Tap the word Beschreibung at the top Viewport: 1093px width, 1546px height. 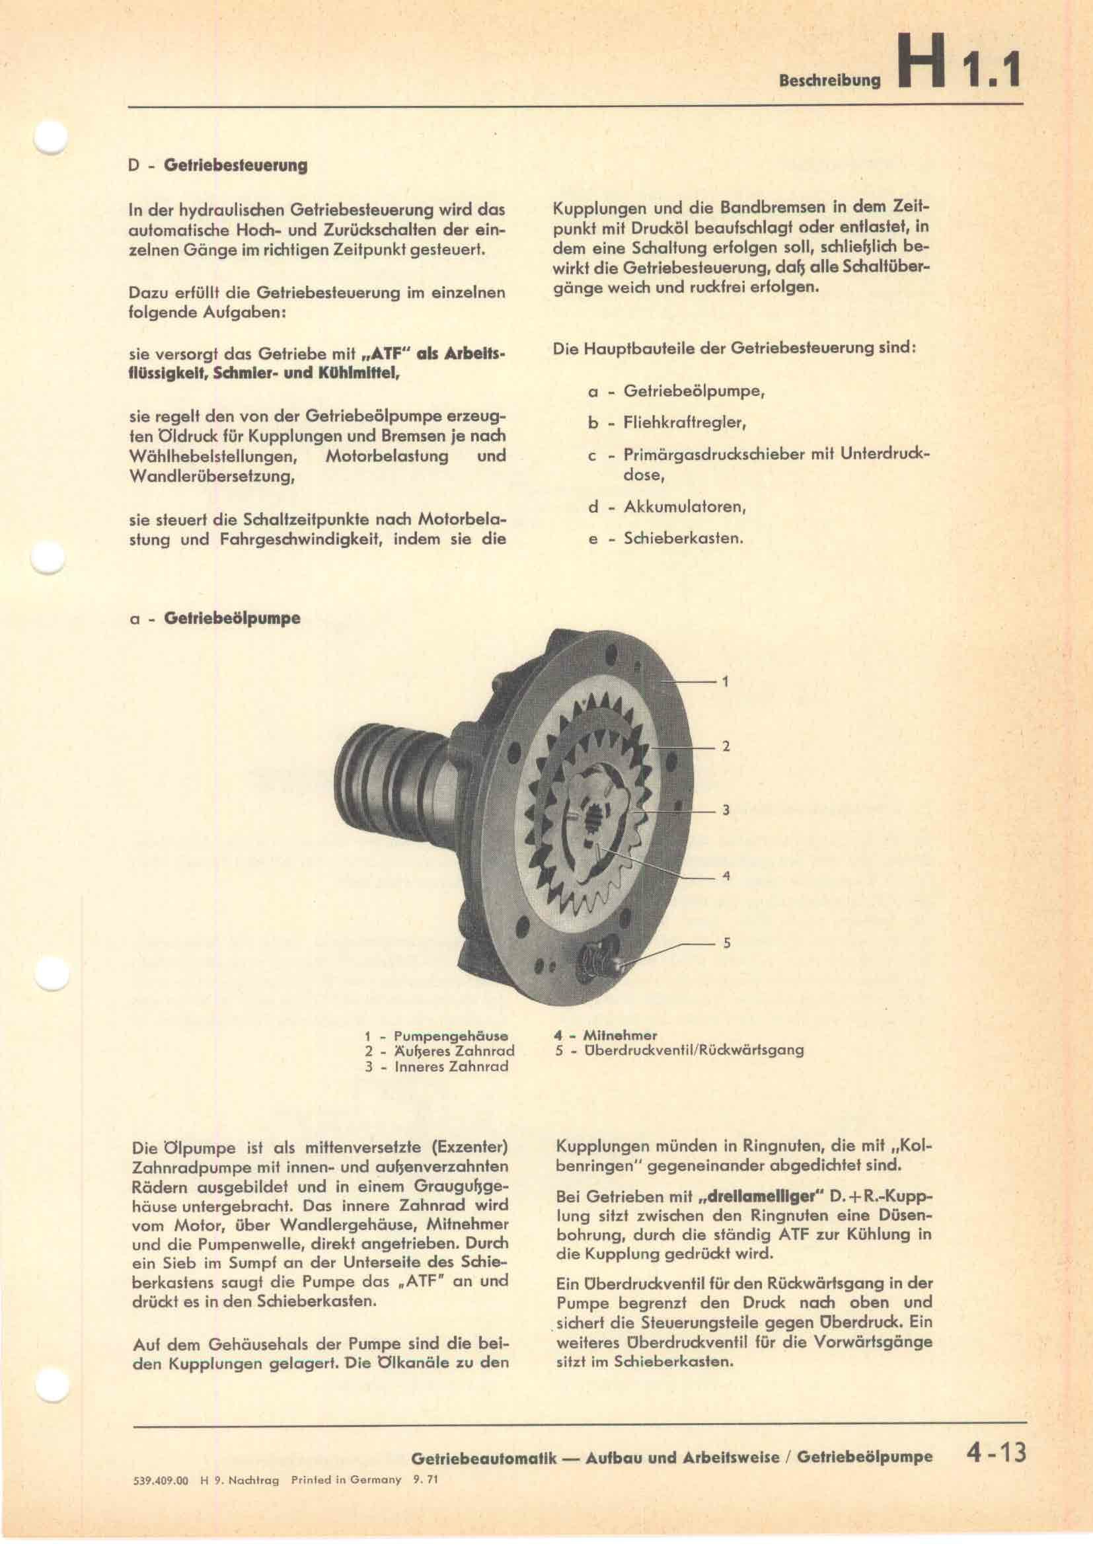point(829,81)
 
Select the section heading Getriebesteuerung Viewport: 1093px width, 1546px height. point(235,166)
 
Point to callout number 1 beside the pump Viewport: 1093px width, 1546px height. point(725,682)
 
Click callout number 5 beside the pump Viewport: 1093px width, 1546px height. point(726,943)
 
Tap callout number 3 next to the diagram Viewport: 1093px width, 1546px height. point(726,812)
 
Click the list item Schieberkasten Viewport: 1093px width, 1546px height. point(683,539)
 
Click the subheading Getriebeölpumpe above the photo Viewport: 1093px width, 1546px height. point(232,618)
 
